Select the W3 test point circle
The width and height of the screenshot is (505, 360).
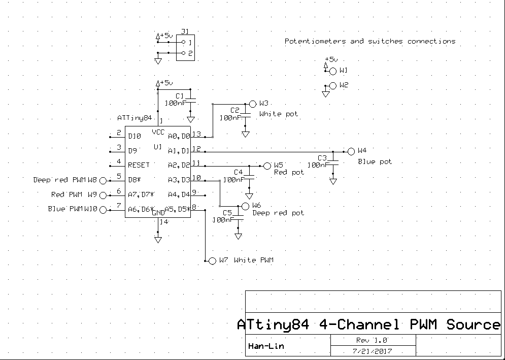(253, 103)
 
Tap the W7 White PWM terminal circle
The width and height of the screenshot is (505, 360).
(213, 260)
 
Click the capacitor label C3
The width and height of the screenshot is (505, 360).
(322, 157)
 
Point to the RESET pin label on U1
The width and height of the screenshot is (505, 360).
(139, 165)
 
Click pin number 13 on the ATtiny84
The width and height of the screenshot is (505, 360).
(196, 135)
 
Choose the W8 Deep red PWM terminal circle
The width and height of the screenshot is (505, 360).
(103, 180)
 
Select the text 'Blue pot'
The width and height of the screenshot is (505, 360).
(375, 162)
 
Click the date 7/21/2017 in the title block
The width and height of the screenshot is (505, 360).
(373, 351)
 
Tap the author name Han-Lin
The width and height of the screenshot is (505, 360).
(266, 347)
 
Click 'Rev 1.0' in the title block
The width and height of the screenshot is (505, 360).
(373, 340)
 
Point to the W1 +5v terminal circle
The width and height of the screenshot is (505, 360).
(333, 71)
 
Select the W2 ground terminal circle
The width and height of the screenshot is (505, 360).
(333, 86)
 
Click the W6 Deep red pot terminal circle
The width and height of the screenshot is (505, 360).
(246, 206)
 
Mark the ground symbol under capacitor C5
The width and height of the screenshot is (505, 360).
(238, 236)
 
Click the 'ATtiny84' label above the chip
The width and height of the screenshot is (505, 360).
(134, 118)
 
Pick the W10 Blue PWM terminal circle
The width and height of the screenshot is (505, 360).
(103, 210)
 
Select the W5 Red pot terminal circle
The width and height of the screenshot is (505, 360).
(267, 166)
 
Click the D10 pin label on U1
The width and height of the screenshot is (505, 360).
(134, 136)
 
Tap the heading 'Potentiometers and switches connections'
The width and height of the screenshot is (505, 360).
(369, 41)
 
